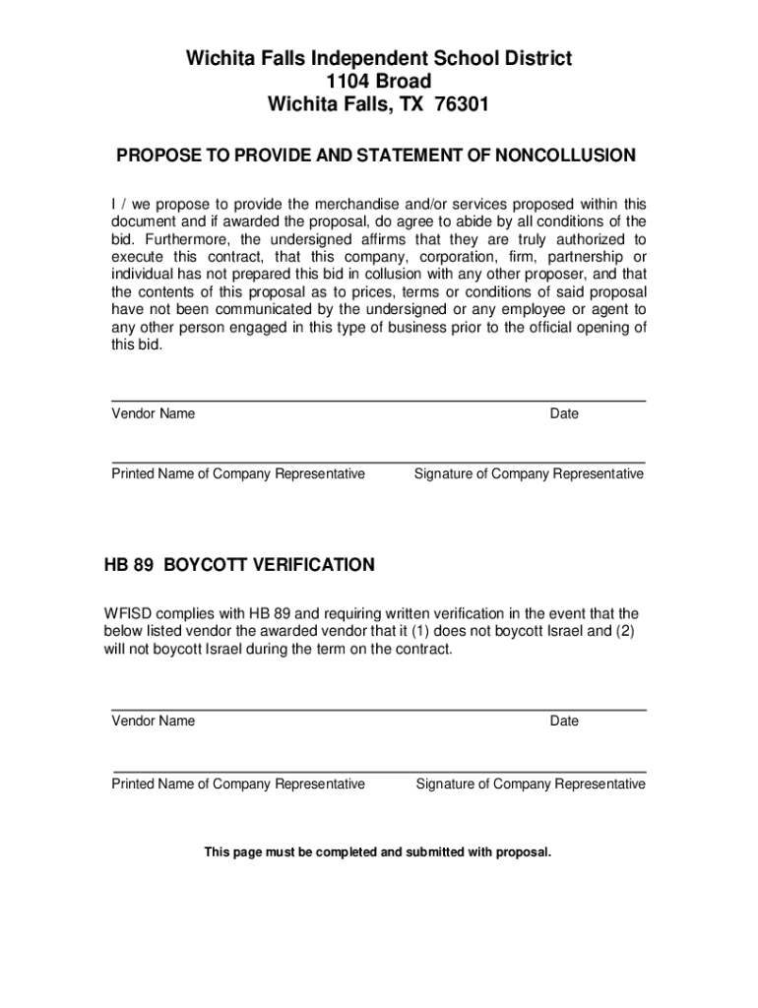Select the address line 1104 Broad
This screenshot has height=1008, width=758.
click(x=379, y=81)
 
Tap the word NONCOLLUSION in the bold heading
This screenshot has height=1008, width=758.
click(x=566, y=156)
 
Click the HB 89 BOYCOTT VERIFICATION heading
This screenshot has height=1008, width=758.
click(x=239, y=565)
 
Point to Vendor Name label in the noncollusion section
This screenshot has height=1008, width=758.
click(x=153, y=413)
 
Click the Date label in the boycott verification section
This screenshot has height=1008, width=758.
click(x=564, y=721)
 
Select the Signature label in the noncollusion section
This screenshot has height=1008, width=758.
click(x=529, y=473)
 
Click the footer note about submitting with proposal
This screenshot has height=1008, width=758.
click(x=378, y=851)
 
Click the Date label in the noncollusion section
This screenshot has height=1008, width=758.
click(x=564, y=413)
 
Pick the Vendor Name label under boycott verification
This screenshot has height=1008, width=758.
click(x=153, y=721)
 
